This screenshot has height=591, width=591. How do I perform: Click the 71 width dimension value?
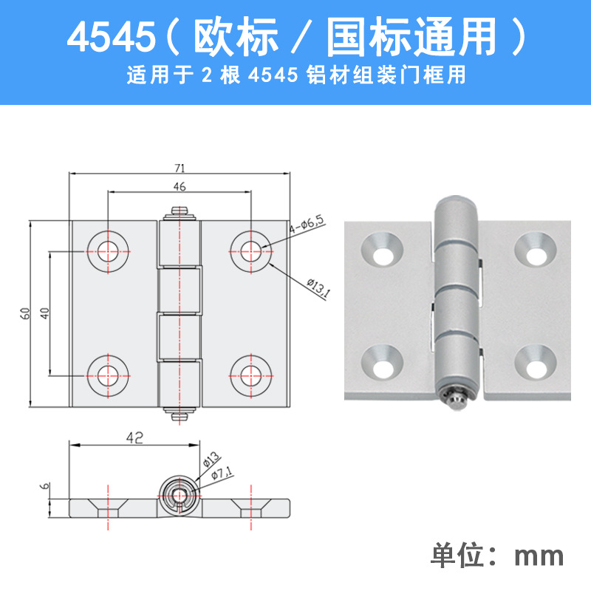pyautogui.click(x=180, y=168)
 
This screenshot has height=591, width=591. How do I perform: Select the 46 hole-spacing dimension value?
pyautogui.click(x=180, y=186)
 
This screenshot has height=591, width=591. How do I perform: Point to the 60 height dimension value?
pyautogui.click(x=25, y=313)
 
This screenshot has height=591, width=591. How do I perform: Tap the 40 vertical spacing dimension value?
pyautogui.click(x=44, y=313)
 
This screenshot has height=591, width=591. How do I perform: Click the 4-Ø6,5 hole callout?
pyautogui.click(x=307, y=225)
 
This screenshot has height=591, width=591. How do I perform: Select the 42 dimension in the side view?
pyautogui.click(x=134, y=437)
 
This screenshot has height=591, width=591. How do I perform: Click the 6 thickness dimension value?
pyautogui.click(x=44, y=486)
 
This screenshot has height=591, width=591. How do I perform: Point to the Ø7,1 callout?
pyautogui.click(x=222, y=472)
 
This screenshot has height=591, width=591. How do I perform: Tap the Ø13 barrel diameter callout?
pyautogui.click(x=211, y=460)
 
